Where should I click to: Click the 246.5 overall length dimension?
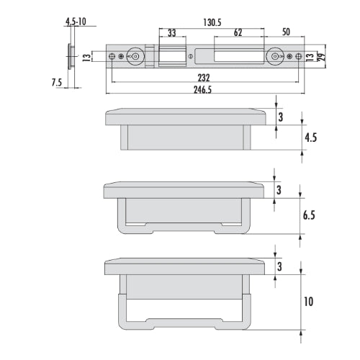pos(202,90)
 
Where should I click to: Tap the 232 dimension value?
pos(204,78)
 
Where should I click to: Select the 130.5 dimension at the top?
pos(212,22)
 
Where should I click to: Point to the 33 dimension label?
pos(171,33)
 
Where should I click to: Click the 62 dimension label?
pos(238,32)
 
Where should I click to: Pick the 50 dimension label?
pos(286,32)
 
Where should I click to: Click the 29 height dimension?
pos(322,56)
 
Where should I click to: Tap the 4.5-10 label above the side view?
pos(76,22)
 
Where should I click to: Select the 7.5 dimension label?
pos(57,83)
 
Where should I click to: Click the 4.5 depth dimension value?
pos(310,138)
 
